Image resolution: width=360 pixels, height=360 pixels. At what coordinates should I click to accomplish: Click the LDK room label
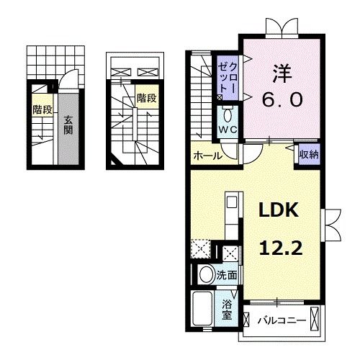(279, 210)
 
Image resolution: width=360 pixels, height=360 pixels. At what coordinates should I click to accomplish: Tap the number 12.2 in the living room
(280, 248)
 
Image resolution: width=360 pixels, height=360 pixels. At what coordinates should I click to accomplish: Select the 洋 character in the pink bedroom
(282, 73)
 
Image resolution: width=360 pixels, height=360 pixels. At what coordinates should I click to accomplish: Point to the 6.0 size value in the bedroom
(282, 99)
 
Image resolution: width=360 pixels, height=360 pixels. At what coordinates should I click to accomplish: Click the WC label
(228, 130)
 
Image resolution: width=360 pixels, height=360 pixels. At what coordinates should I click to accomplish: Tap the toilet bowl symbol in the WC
(228, 116)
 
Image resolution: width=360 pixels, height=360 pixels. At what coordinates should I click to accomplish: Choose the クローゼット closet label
(228, 78)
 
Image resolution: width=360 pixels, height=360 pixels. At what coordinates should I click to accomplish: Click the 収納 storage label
(309, 155)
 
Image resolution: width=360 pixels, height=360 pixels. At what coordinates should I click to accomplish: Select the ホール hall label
(208, 156)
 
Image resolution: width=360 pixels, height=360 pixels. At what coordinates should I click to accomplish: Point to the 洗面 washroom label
(227, 275)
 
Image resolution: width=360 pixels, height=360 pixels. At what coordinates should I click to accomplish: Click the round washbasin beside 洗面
(207, 274)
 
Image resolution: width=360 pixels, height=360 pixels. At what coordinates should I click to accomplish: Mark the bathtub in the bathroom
(203, 309)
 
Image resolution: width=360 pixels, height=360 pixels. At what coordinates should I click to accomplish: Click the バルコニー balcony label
(282, 320)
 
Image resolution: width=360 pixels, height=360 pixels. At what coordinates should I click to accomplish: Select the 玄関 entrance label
(68, 125)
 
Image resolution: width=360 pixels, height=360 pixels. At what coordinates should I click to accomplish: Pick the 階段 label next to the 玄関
(42, 110)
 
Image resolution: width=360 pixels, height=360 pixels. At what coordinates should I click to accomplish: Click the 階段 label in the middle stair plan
(147, 98)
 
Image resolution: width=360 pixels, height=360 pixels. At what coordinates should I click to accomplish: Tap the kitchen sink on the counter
(232, 202)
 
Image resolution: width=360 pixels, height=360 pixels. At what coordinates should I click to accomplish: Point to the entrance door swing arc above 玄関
(68, 76)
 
